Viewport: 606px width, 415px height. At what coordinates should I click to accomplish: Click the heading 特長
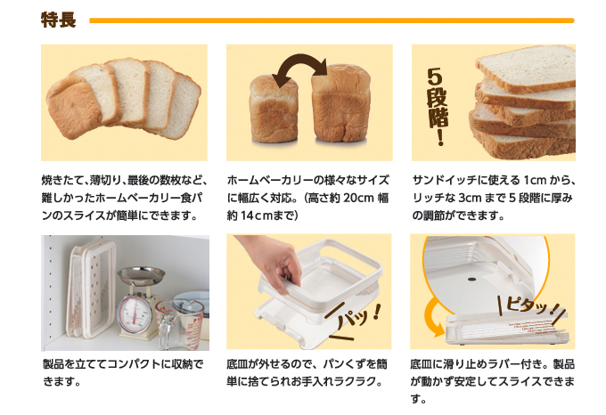(58, 20)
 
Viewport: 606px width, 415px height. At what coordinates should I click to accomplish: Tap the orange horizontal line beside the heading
(332, 20)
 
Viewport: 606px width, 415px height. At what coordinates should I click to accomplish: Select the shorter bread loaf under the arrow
(274, 110)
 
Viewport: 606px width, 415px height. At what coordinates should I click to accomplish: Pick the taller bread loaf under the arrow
(340, 103)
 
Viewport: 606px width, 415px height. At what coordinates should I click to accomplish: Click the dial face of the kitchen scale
(133, 311)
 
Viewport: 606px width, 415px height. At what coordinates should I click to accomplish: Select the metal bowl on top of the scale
(141, 275)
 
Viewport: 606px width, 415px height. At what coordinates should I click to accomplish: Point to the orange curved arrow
(433, 316)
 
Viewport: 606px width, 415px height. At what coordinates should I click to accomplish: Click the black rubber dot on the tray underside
(471, 279)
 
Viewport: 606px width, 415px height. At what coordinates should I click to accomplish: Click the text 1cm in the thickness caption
(535, 180)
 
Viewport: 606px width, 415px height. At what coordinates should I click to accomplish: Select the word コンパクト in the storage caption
(134, 364)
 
